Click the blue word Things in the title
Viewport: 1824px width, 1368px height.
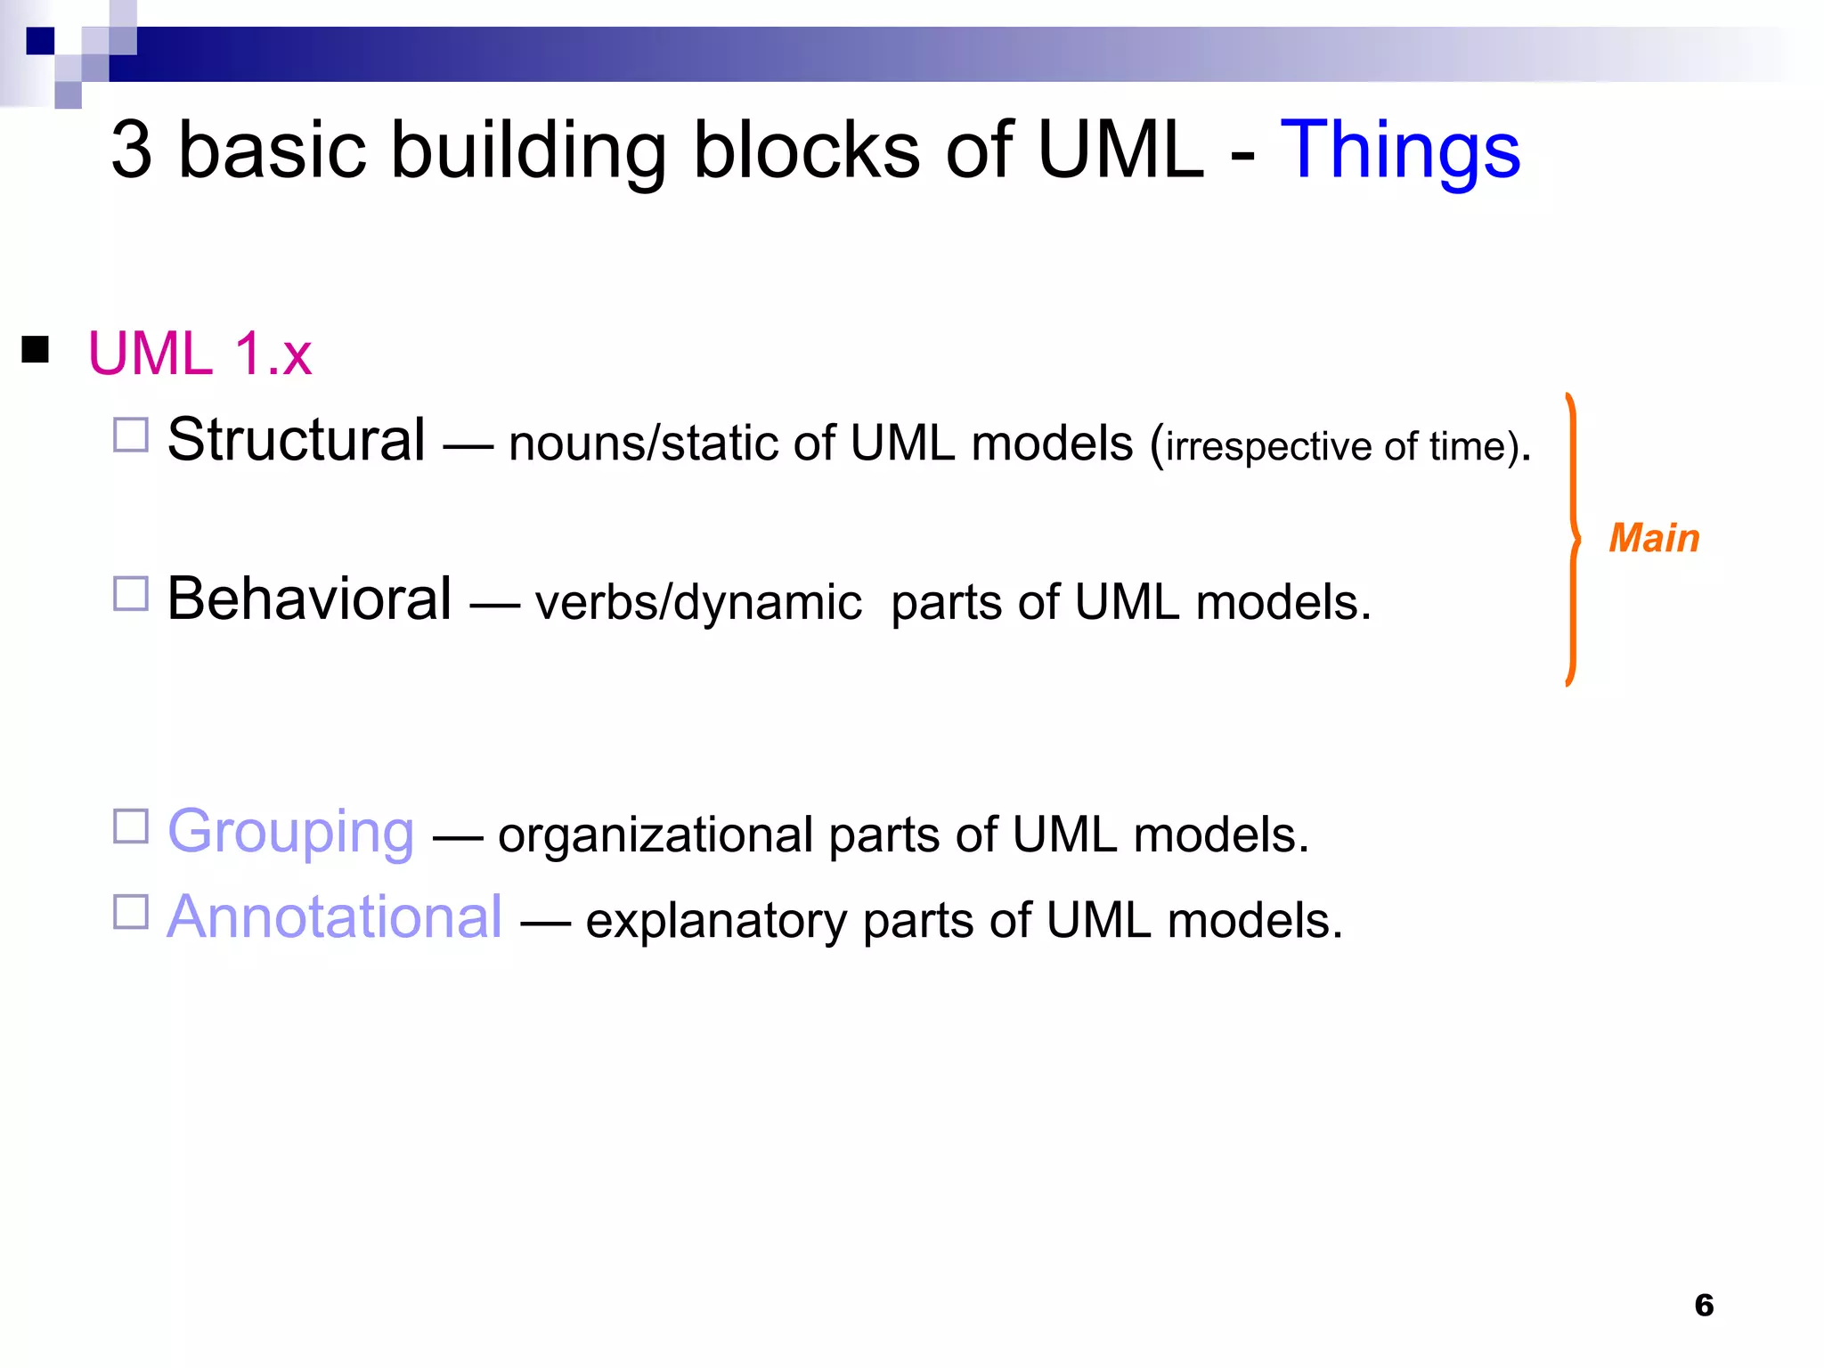coord(1399,151)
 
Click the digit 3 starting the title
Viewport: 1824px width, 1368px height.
coord(132,150)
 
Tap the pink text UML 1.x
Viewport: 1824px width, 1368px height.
coord(199,354)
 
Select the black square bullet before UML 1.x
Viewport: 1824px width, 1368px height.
coord(36,349)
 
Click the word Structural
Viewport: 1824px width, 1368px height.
coord(296,440)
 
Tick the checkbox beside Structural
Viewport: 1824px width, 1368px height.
coord(131,435)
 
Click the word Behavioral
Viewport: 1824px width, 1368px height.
coord(309,598)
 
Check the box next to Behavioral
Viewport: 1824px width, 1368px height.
coord(131,593)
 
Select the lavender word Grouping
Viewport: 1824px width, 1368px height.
coord(290,831)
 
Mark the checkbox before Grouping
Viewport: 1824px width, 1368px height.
coord(131,826)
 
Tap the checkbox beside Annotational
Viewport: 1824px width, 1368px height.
coord(131,912)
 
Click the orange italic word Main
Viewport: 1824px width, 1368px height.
coord(1654,539)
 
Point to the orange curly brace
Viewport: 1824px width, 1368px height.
coord(1574,540)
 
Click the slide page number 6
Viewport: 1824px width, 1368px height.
coord(1703,1305)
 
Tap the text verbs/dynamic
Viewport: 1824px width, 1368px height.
coord(697,603)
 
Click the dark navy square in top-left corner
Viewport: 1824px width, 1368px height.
coord(40,41)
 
